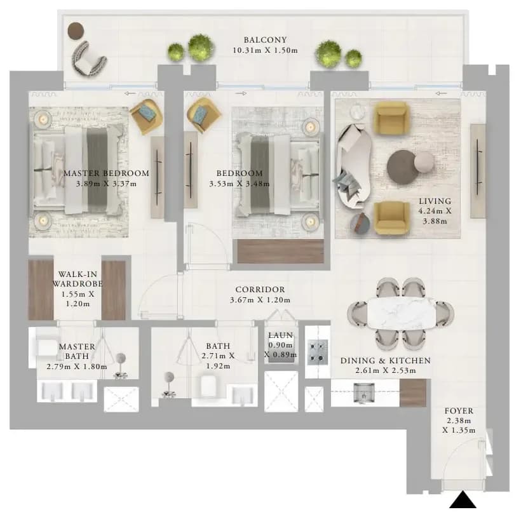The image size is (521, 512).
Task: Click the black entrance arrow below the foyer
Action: (x=463, y=501)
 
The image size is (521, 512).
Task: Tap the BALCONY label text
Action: (x=265, y=40)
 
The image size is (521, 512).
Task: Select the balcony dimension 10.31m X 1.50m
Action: (x=265, y=51)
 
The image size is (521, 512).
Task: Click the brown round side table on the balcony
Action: (x=76, y=31)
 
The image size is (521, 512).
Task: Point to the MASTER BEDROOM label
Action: (x=106, y=173)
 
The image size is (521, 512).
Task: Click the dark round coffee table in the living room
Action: (x=403, y=167)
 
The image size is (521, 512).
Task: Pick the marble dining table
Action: (x=401, y=313)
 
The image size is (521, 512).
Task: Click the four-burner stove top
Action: (x=317, y=352)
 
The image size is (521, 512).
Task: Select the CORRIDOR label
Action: (x=260, y=290)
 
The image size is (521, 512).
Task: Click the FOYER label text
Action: (x=459, y=411)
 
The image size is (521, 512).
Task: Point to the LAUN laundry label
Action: (x=281, y=335)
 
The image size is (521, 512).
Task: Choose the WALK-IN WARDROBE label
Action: (x=78, y=279)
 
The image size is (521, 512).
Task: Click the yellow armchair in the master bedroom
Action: (x=146, y=116)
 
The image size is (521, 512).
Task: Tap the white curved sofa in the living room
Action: (x=353, y=166)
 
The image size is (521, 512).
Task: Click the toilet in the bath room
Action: (x=209, y=386)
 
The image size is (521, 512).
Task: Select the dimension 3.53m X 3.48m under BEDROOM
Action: (x=240, y=184)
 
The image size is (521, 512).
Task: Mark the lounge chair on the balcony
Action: (x=88, y=59)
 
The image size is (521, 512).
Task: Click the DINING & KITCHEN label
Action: (x=386, y=360)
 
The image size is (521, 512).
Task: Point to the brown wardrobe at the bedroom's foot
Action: (x=280, y=251)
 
